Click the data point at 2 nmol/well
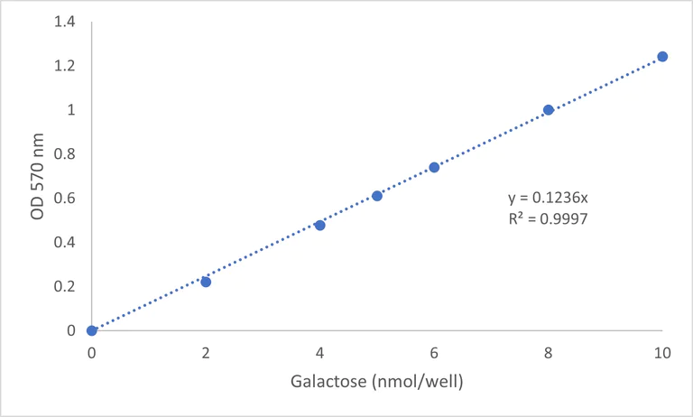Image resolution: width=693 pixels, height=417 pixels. pos(206,282)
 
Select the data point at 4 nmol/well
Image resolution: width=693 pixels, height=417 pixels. pos(320,225)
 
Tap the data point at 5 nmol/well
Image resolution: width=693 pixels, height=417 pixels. pos(377,196)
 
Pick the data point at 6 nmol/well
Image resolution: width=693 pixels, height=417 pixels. pos(434,167)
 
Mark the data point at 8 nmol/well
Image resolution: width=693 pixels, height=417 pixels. pos(548,110)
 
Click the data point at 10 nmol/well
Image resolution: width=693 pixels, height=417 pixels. pos(662,56)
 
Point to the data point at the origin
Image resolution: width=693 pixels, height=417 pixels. pos(92,330)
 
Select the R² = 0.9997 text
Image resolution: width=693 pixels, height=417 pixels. pos(549,218)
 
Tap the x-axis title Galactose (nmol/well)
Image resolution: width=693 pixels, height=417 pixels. pos(376,382)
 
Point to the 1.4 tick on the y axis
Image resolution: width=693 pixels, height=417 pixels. pos(65,23)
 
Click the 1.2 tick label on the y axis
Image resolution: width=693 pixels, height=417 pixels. pos(65,67)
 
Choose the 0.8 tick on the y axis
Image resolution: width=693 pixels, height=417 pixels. pos(65,154)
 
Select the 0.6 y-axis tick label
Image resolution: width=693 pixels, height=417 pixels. pos(65,199)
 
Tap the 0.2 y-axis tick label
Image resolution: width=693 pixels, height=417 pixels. pos(65,286)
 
